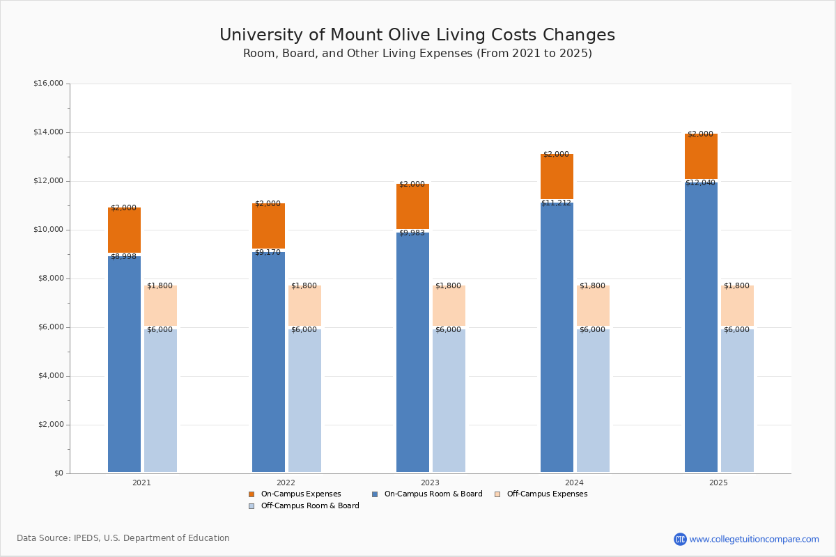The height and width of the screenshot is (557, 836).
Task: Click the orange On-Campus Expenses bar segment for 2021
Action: click(x=124, y=230)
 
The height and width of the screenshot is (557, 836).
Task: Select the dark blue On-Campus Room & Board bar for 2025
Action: click(x=701, y=327)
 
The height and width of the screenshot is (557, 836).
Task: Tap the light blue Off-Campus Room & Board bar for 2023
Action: click(x=449, y=400)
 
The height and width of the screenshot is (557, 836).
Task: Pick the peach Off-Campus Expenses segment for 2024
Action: click(x=593, y=306)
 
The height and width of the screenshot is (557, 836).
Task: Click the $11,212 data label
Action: click(x=556, y=203)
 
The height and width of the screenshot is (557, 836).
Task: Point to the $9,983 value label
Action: click(x=412, y=233)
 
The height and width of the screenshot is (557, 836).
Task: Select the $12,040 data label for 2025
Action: click(x=700, y=183)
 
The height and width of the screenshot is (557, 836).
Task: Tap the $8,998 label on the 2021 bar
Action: click(x=123, y=257)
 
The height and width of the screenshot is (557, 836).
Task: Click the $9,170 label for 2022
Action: click(x=268, y=253)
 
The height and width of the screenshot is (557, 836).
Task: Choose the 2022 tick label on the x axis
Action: click(x=286, y=483)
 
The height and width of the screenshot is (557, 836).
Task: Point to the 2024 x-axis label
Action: click(x=574, y=483)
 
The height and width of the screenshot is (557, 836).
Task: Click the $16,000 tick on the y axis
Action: click(x=48, y=84)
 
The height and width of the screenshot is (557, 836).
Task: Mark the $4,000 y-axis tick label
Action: click(x=48, y=376)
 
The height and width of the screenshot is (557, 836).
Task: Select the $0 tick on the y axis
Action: click(x=58, y=473)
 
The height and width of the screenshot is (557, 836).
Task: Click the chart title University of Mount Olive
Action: click(x=417, y=36)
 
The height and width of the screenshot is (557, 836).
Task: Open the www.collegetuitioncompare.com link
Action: click(x=754, y=539)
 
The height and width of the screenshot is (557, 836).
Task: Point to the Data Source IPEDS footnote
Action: click(x=123, y=538)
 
